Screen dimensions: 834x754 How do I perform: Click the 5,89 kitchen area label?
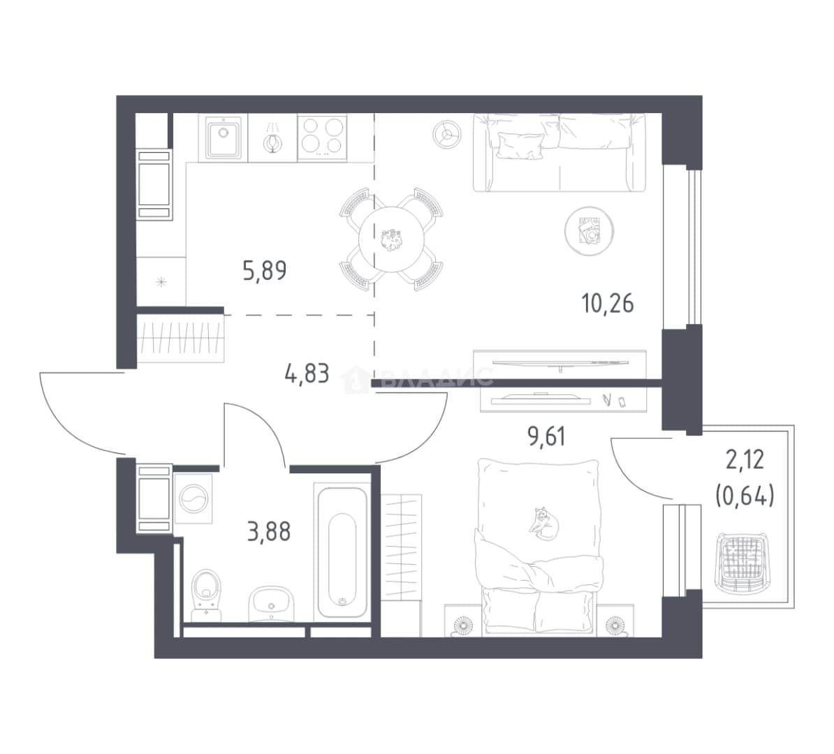tap(264, 271)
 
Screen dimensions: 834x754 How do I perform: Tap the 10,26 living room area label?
tap(608, 304)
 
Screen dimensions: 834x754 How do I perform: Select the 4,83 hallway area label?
tap(307, 374)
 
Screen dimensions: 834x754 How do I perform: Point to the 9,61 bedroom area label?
tap(546, 436)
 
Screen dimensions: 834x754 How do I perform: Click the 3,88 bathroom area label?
tap(269, 531)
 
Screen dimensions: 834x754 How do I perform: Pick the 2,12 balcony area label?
tap(745, 460)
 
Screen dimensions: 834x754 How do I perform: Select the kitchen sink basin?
tap(223, 138)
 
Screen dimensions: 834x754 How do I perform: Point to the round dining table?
tap(393, 239)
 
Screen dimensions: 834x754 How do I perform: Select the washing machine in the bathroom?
tap(193, 498)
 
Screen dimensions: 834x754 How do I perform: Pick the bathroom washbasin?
tap(271, 603)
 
